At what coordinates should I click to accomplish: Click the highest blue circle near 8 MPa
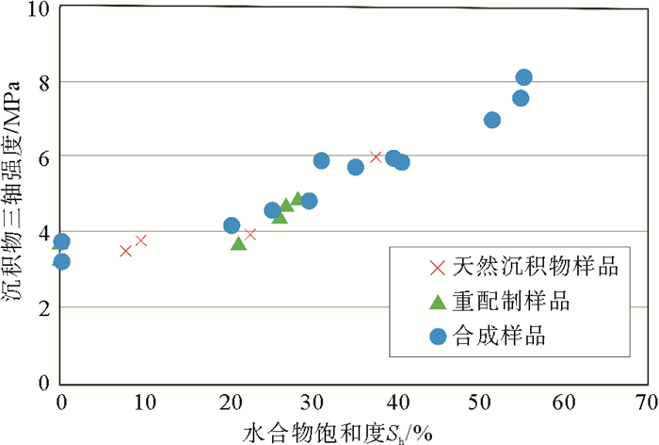pos(523,77)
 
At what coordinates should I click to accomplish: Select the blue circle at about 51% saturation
pos(491,120)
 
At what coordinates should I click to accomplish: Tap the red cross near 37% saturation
pos(376,157)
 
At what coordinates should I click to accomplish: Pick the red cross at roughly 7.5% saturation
pos(125,250)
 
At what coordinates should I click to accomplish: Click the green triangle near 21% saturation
pos(238,243)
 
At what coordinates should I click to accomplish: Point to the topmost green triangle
pos(297,198)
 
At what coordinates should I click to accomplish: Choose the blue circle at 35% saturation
pos(355,167)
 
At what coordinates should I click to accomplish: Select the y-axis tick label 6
pos(43,157)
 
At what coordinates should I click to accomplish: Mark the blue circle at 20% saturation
pos(232,225)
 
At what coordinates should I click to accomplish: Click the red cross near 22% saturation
pos(250,234)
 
